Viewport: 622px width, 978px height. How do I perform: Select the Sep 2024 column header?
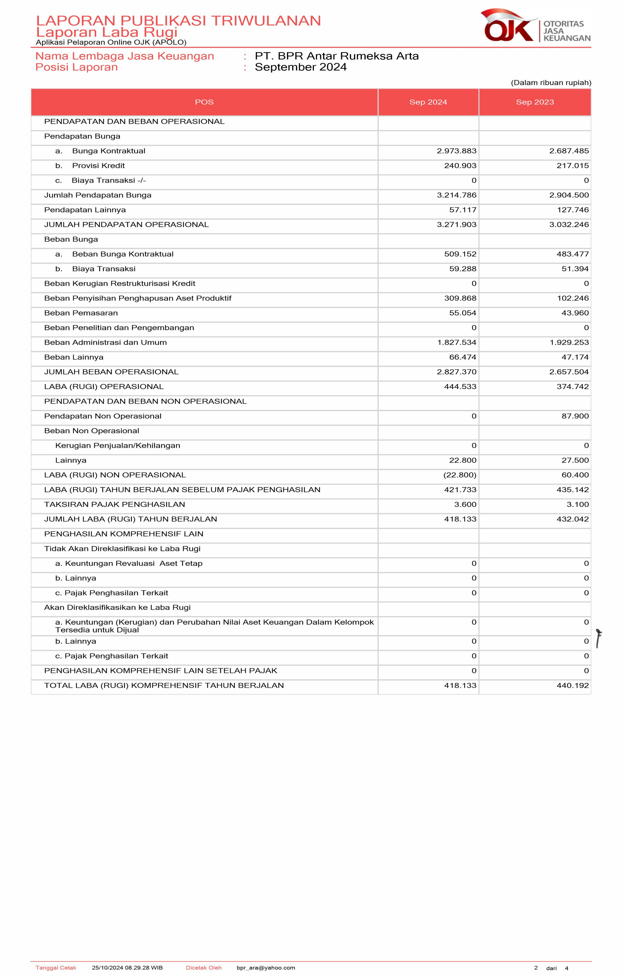[x=428, y=102]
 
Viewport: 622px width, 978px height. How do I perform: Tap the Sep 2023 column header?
[x=535, y=102]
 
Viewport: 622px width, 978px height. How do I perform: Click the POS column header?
[x=204, y=102]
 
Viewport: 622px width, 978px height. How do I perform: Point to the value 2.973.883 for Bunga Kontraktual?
[x=456, y=151]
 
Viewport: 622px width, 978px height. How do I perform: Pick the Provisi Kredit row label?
[x=98, y=166]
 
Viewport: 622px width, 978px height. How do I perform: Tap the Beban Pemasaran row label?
[x=81, y=313]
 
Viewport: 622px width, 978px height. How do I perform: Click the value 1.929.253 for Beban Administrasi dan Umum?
[x=569, y=342]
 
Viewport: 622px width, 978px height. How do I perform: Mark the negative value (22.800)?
[x=460, y=475]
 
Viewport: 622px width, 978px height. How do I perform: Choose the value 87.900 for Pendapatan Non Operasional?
[x=575, y=416]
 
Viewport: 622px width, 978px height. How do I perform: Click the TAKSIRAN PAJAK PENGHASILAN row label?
[x=114, y=504]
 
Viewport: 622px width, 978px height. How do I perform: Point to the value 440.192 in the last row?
[x=572, y=686]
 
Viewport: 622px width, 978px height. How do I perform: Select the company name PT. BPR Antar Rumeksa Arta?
[x=336, y=56]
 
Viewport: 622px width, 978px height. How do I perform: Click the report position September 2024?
[x=301, y=67]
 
